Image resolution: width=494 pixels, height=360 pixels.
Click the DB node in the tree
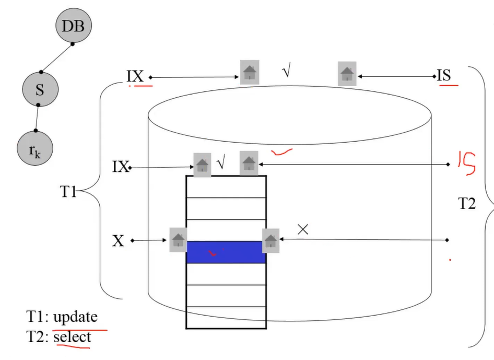click(x=73, y=26)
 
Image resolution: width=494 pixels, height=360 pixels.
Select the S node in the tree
click(x=40, y=90)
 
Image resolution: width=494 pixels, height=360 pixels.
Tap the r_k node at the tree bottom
click(x=34, y=150)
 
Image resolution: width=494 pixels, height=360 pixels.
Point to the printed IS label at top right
click(x=444, y=76)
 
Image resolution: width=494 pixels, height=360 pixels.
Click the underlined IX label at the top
click(x=135, y=76)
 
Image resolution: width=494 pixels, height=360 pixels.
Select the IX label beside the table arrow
click(x=121, y=167)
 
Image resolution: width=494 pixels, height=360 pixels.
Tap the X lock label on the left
click(x=119, y=241)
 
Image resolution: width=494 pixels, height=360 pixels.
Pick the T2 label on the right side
click(x=467, y=204)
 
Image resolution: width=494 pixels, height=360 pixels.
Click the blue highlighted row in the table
click(x=226, y=252)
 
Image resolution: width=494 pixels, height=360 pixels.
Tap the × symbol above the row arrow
click(x=303, y=229)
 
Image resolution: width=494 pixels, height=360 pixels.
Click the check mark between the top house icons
click(x=286, y=72)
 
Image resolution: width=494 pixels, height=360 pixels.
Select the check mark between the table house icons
click(x=221, y=164)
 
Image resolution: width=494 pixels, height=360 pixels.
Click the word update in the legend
click(x=76, y=317)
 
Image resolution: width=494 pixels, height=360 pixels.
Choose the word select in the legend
click(x=72, y=337)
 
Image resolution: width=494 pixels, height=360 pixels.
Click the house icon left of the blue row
click(x=178, y=240)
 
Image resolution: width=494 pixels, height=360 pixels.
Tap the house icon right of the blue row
click(x=270, y=240)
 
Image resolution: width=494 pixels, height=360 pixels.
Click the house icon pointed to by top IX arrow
click(x=250, y=72)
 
